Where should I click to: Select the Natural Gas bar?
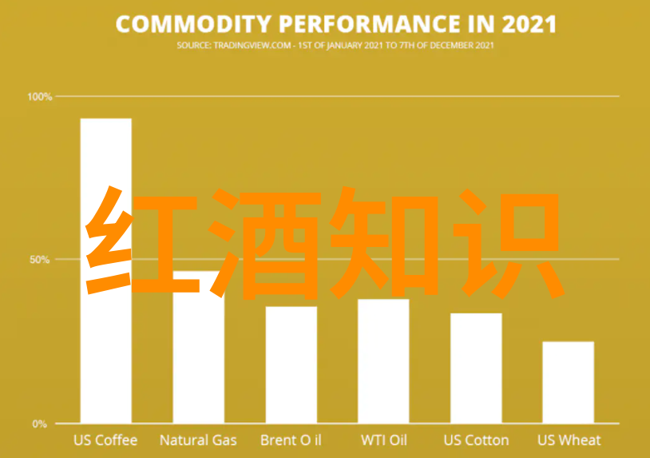pyautogui.click(x=199, y=347)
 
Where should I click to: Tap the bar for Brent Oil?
pyautogui.click(x=291, y=365)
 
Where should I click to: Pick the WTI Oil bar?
pyautogui.click(x=383, y=361)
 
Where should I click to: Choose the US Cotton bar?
pyautogui.click(x=476, y=368)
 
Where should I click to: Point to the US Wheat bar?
pyautogui.click(x=569, y=383)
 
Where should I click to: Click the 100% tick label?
pyautogui.click(x=40, y=97)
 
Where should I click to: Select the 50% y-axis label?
pyautogui.click(x=40, y=260)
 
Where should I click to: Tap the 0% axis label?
pyautogui.click(x=40, y=424)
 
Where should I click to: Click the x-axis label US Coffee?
pyautogui.click(x=105, y=440)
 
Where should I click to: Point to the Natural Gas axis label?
pyautogui.click(x=198, y=440)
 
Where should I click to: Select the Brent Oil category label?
pyautogui.click(x=291, y=440)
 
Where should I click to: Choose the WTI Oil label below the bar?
pyautogui.click(x=384, y=440)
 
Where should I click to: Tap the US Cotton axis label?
pyautogui.click(x=476, y=440)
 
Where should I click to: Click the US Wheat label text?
pyautogui.click(x=569, y=440)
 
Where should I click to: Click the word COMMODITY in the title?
pyautogui.click(x=193, y=24)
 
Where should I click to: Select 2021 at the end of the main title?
pyautogui.click(x=529, y=24)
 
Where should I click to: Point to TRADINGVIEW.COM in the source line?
pyautogui.click(x=252, y=46)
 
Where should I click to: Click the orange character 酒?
pyautogui.click(x=264, y=244)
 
